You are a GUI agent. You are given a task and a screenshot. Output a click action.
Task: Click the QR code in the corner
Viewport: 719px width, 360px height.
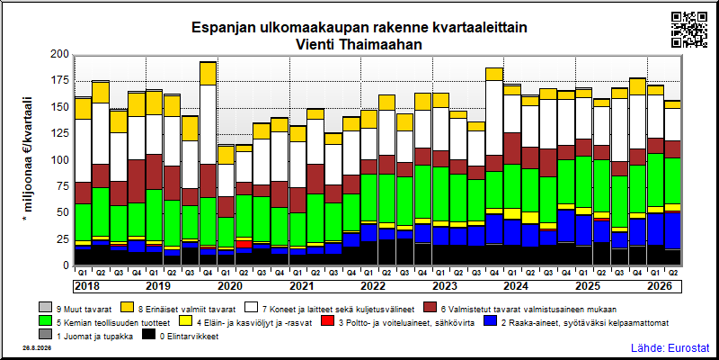coord(689,30)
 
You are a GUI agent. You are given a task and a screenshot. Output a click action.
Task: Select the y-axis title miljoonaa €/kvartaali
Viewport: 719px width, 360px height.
coord(28,160)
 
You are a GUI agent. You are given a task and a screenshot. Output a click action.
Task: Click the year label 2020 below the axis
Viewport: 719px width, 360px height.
coord(230,286)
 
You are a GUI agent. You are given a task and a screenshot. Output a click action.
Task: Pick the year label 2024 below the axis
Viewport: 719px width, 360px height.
coord(517,286)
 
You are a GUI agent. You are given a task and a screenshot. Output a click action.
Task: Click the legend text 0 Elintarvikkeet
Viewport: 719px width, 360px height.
coord(189,337)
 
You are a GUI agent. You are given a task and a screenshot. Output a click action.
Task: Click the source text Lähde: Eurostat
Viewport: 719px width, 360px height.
coord(670,347)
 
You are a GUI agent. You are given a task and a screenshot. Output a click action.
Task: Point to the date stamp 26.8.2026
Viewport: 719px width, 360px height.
coord(37,348)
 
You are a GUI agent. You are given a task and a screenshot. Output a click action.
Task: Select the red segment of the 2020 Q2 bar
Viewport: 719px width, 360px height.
coord(244,244)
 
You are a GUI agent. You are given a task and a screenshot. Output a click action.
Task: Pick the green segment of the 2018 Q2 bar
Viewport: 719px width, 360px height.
coord(101,212)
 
